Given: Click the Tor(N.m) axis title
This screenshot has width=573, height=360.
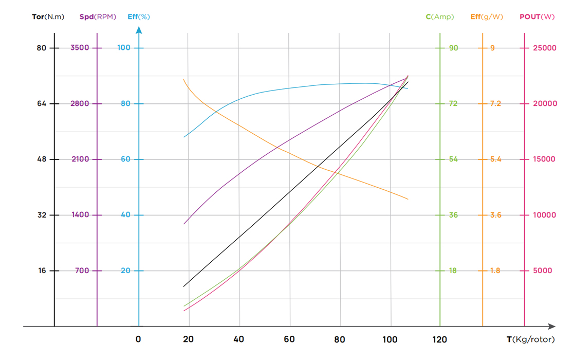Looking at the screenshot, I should point(48,17).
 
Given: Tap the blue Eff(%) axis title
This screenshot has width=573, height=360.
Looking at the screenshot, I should point(139,17).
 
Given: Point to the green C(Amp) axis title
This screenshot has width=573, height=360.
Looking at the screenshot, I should point(440,17).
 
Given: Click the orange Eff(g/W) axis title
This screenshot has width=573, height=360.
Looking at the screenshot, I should point(487,17).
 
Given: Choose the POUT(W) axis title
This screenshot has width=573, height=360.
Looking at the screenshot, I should point(537,17).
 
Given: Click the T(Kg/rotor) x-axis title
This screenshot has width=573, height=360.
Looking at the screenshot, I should point(538,339).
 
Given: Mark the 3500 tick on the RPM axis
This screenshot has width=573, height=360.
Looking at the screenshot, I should point(80,48).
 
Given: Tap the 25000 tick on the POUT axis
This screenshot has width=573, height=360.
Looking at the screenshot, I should point(544,48).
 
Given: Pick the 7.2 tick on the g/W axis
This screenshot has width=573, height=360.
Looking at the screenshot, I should point(495,103).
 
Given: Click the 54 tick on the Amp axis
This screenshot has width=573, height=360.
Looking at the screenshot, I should point(453,159).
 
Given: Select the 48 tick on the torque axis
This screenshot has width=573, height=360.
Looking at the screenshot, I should point(41,159).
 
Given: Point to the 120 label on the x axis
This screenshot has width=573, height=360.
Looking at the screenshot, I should point(440,339).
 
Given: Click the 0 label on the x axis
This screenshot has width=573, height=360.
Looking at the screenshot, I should point(138,339).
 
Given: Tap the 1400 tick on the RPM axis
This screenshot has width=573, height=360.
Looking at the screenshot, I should point(80,215).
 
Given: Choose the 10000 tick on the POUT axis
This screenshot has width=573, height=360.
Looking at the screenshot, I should point(544,215).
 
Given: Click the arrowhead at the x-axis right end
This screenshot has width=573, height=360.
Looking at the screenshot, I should point(551,327).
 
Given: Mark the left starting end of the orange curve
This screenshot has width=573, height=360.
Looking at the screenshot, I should point(184,79).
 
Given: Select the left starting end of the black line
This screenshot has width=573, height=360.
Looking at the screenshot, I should point(183,286).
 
